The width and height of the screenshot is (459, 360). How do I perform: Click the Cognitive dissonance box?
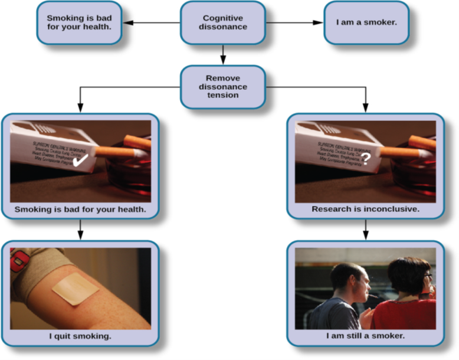coord(222,22)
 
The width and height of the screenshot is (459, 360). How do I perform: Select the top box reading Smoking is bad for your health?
coord(79,22)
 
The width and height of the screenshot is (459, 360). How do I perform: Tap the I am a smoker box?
coord(366,23)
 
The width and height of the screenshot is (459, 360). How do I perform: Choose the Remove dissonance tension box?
coord(222,87)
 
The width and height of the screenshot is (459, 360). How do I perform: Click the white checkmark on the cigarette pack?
coord(80,160)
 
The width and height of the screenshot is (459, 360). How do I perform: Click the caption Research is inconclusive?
coord(365,209)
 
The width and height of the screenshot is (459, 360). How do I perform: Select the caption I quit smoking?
coord(80,336)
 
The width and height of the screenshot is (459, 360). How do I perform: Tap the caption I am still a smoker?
coord(365,336)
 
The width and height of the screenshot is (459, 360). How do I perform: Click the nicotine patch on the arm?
coord(74,290)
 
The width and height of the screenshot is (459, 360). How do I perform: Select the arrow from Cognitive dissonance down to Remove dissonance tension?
coord(222,54)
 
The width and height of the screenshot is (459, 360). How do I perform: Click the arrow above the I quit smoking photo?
coord(80,229)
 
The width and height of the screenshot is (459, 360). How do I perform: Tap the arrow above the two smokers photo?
coord(366,229)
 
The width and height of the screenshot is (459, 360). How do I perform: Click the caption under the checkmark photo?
coord(80,209)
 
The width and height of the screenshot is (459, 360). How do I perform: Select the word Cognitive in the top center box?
coord(222,18)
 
